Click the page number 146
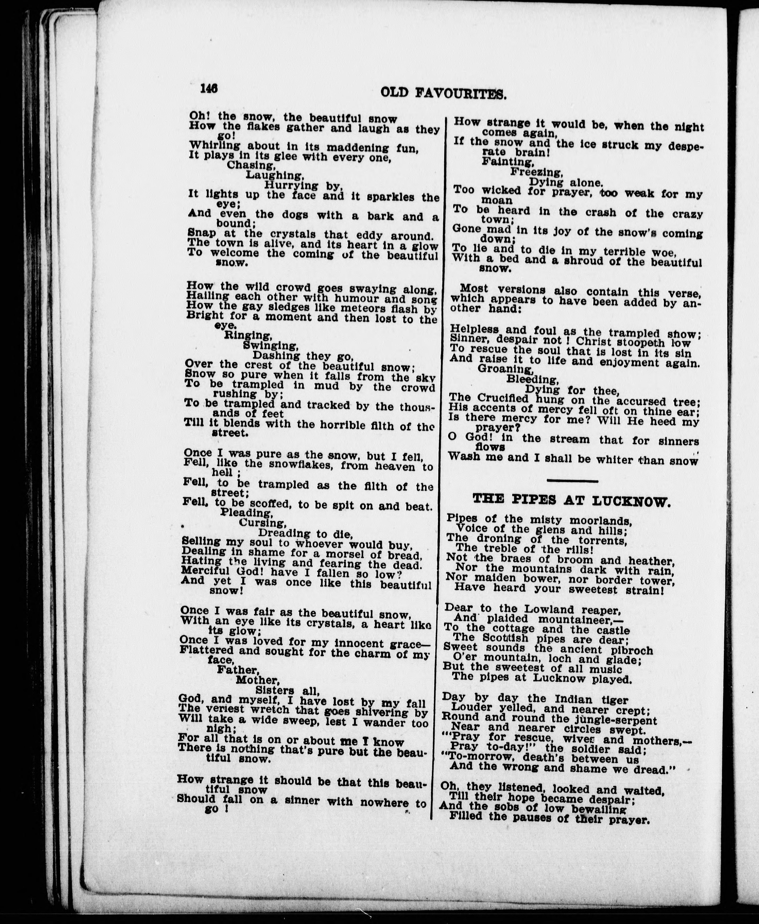209,88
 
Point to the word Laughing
275,176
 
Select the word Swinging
271,346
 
